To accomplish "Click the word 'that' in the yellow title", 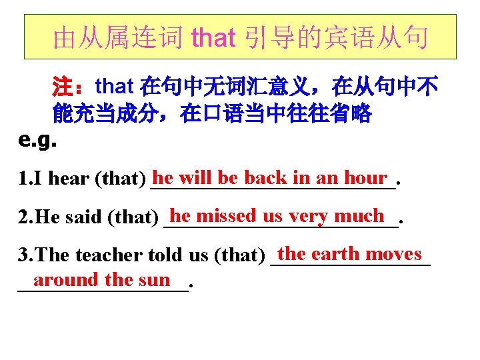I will coord(213,38).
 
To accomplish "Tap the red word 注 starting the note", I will coord(63,87).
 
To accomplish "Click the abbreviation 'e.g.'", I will coord(37,141).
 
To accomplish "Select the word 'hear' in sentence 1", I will coord(70,179).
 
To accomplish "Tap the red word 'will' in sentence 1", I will coord(196,177).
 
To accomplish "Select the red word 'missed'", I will coord(227,215).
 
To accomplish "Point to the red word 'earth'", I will coord(336,254).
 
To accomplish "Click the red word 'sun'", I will coord(155,280).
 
